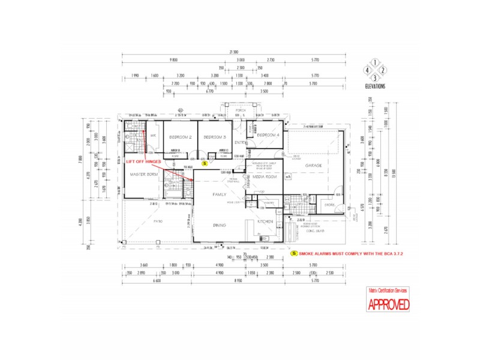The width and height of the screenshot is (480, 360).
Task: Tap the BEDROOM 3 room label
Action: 214,137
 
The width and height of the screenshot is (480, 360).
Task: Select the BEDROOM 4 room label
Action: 265,135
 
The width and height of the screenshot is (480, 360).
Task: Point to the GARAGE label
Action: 313,165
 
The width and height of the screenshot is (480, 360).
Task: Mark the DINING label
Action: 219,226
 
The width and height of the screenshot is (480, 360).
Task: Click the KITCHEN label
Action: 266,222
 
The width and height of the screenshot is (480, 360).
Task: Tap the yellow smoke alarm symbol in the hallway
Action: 204,162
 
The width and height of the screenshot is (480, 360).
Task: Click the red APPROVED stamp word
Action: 388,304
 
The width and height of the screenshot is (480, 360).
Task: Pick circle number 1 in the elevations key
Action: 375,62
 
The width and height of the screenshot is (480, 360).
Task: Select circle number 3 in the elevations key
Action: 375,77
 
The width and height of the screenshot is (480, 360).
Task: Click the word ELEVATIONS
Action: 375,86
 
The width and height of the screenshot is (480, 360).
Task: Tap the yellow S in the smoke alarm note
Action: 294,253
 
